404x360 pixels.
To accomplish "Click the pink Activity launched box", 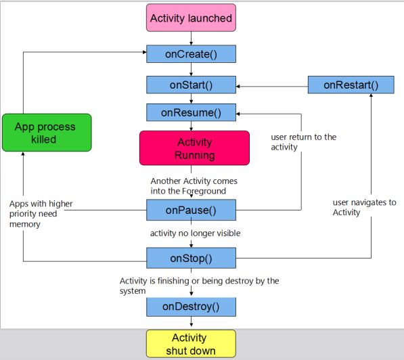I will tap(191, 18).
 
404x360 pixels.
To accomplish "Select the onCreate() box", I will tap(191, 54).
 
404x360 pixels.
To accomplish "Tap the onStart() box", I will tap(191, 85).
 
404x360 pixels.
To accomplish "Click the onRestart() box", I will tap(351, 85).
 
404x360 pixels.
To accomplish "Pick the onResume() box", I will tap(191, 112).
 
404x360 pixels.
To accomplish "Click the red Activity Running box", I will tap(194, 149).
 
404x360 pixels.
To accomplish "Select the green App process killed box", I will tap(45, 133).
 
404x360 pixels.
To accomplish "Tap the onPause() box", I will tap(191, 210).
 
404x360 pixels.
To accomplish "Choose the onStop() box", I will tap(191, 258).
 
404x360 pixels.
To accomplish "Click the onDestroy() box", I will tap(191, 307).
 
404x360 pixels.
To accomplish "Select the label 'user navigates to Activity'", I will tap(365, 207).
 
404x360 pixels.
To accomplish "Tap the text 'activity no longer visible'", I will tap(195, 233).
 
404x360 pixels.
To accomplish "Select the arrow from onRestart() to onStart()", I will tap(271, 86).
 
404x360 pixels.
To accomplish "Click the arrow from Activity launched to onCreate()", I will tap(191, 39).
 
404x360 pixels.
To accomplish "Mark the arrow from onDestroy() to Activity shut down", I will tap(191, 323).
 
